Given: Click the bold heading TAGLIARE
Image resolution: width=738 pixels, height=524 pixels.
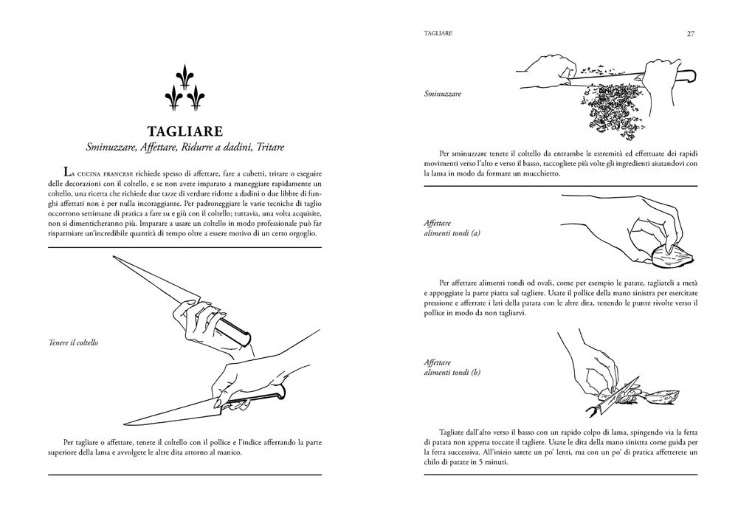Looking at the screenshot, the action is click(x=185, y=131).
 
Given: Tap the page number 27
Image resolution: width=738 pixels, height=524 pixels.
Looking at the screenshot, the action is click(x=691, y=33).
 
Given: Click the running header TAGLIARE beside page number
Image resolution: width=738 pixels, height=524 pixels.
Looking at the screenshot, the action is click(x=438, y=33).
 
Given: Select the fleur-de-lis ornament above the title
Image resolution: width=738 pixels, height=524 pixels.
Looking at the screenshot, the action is click(x=184, y=87).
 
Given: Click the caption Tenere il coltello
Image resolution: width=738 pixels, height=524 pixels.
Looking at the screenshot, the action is click(x=73, y=342).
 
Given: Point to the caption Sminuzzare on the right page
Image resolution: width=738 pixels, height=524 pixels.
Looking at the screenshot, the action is click(x=442, y=94).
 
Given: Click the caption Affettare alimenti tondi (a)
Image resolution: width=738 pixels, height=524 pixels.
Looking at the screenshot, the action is click(x=452, y=228).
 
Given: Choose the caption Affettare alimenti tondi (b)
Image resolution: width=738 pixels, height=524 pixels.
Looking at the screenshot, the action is click(x=452, y=368).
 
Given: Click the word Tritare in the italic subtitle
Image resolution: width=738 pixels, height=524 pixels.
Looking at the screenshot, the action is click(x=270, y=147).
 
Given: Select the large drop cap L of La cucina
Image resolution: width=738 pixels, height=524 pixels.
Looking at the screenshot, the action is click(x=67, y=172).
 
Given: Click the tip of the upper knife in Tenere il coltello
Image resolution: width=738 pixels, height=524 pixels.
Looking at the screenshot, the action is click(x=114, y=256).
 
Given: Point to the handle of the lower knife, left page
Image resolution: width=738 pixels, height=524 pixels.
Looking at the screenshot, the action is click(x=257, y=396).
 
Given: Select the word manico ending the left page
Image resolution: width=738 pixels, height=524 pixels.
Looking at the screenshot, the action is click(x=229, y=452).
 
